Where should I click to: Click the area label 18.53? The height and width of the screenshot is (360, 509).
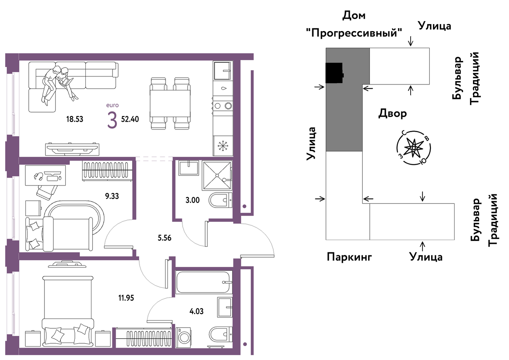pos(74,119)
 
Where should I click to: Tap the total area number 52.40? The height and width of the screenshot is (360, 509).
pos(130,119)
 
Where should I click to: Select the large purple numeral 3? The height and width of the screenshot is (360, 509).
pos(112,120)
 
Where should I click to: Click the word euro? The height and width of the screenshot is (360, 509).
pos(112,105)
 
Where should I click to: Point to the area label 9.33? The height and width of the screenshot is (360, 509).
pos(112,196)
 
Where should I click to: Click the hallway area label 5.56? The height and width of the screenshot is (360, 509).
pos(165,238)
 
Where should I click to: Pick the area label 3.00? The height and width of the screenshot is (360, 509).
pos(193,200)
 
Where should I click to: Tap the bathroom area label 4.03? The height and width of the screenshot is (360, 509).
pos(196,311)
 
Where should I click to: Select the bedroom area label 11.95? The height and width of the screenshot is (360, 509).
pos(126,298)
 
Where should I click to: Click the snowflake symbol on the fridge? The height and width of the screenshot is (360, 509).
pos(223,146)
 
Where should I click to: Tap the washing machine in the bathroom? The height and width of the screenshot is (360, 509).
pos(183,338)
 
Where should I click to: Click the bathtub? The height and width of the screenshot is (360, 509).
pos(204,282)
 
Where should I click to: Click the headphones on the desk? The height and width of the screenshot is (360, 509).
pos(38,176)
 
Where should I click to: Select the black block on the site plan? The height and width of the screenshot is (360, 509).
pos(334,73)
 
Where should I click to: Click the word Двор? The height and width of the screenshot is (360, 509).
pos(393,113)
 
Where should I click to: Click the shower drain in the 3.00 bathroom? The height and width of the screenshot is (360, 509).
pos(217,175)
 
